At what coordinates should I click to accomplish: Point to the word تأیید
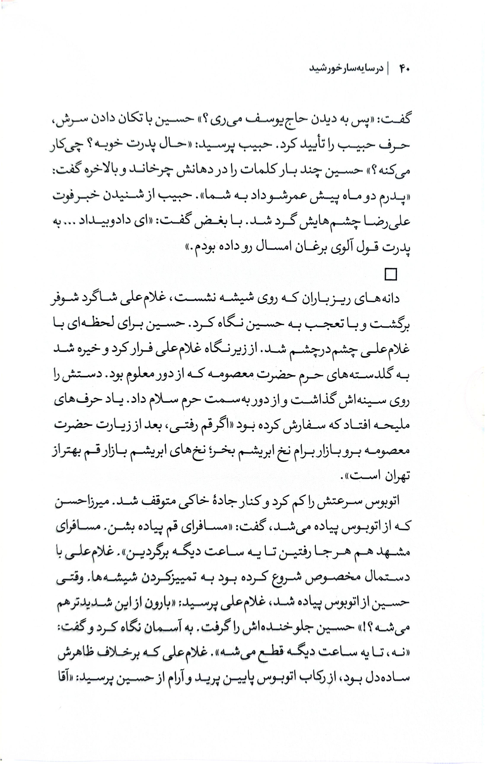[314, 146]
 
